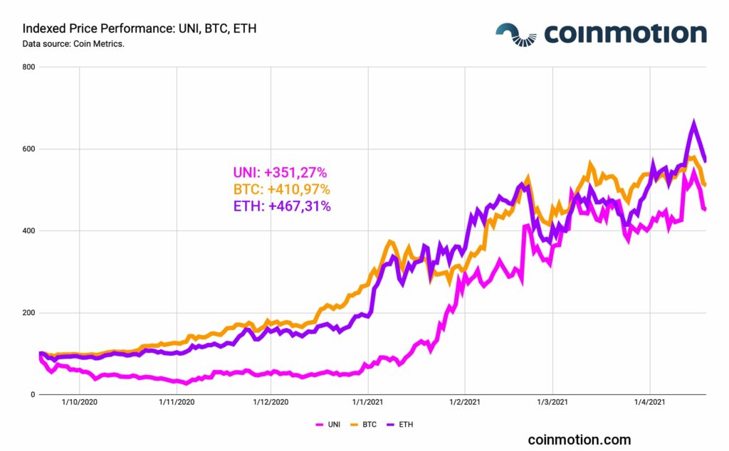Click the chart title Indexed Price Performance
(x=140, y=29)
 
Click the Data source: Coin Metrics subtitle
(x=74, y=44)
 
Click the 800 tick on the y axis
(x=28, y=68)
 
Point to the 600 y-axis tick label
(x=28, y=149)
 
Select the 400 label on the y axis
(x=28, y=231)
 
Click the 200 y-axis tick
(x=28, y=313)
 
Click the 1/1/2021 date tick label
(x=368, y=403)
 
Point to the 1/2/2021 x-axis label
(x=464, y=403)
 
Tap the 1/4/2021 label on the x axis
(x=649, y=403)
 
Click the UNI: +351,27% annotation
(x=280, y=172)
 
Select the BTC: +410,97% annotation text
(x=281, y=189)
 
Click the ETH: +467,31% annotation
(x=281, y=206)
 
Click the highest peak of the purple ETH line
(x=694, y=123)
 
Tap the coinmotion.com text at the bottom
(x=579, y=440)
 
